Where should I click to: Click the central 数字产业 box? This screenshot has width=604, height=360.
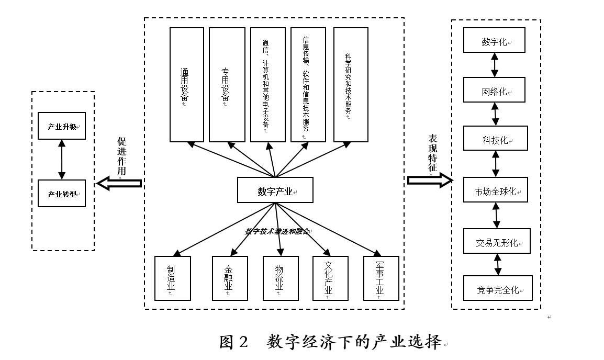click(x=275, y=190)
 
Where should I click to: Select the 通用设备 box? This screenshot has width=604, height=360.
click(x=187, y=85)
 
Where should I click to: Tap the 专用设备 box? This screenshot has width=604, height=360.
click(x=227, y=85)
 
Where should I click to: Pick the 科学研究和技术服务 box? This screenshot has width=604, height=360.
click(x=351, y=85)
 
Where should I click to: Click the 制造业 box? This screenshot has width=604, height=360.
click(x=172, y=278)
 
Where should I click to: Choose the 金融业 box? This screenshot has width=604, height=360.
click(x=229, y=278)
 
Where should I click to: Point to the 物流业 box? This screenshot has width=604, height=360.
click(x=281, y=278)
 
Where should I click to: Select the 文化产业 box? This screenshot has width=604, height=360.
click(x=330, y=278)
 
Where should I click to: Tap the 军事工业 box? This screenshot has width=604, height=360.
click(x=381, y=278)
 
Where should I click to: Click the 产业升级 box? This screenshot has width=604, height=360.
click(x=62, y=126)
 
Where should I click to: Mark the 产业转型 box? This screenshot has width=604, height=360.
click(x=62, y=194)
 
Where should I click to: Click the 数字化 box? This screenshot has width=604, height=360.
click(x=495, y=42)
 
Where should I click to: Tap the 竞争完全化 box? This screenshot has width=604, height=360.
click(x=498, y=288)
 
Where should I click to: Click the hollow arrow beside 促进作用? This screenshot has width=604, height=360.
click(x=119, y=184)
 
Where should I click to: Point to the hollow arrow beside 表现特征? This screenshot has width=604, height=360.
click(x=430, y=181)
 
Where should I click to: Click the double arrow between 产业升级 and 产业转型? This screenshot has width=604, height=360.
click(x=62, y=160)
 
